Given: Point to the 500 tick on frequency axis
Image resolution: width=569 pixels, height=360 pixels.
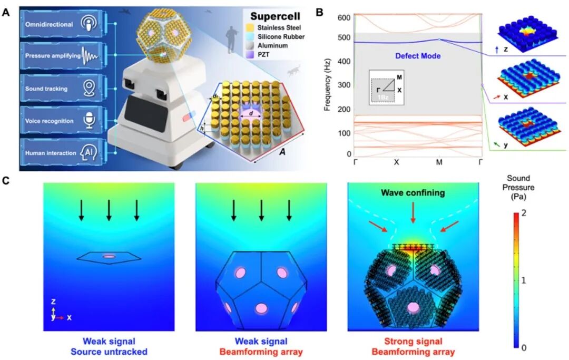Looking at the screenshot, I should pyautogui.click(x=344, y=37).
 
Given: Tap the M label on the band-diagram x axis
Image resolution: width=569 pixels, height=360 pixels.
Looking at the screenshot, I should pyautogui.click(x=439, y=162).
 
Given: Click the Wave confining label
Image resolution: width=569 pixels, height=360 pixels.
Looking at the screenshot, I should pyautogui.click(x=414, y=193).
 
